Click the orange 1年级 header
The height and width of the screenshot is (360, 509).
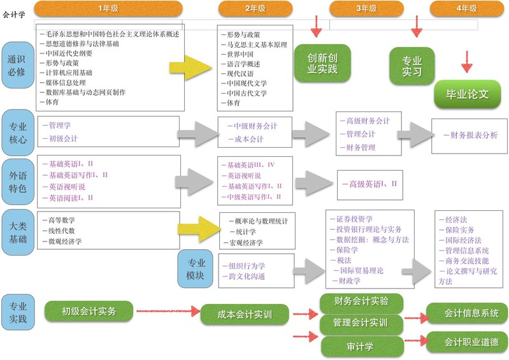tap(108, 8)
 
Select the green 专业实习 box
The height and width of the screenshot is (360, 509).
tap(412, 66)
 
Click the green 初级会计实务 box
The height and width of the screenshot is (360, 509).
tap(89, 312)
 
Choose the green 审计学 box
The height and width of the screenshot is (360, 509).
tap(361, 346)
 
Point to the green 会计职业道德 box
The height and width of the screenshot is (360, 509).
tap(467, 342)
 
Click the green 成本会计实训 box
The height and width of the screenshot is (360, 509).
tap(245, 314)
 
